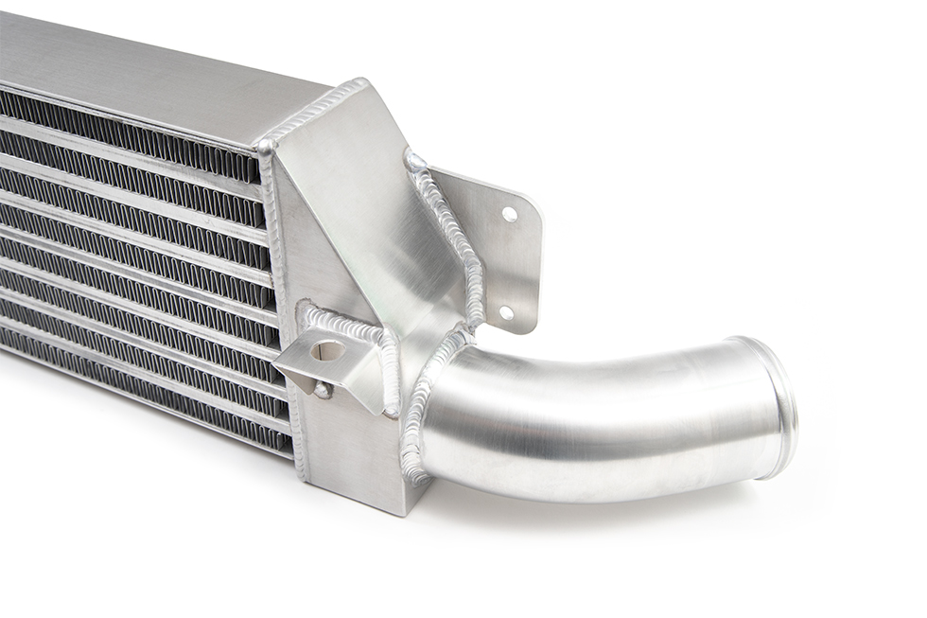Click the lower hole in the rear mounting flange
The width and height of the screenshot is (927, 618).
506,311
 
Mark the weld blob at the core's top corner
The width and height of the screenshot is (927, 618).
265,147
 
